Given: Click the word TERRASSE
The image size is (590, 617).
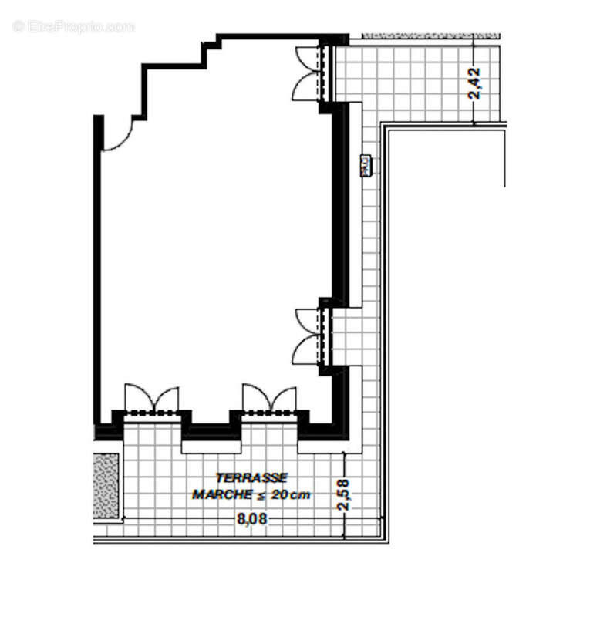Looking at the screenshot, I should [x=251, y=478].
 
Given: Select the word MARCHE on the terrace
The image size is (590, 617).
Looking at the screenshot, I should [x=223, y=494].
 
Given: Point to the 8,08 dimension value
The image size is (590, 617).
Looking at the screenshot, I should [x=252, y=519].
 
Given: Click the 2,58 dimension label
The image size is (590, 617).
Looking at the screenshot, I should [x=344, y=495].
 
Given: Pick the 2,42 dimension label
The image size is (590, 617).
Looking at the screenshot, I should [x=475, y=83].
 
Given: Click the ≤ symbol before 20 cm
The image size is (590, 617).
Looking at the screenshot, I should [x=261, y=494].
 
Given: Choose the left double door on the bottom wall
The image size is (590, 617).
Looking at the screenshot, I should [x=151, y=400].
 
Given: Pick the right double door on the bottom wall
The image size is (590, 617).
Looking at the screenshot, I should [x=269, y=400].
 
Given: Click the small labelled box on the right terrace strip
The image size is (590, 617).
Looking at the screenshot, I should [x=366, y=164].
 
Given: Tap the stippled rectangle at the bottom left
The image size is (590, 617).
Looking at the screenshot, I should [x=106, y=486].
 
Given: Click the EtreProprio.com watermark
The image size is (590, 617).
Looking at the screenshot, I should [x=74, y=26].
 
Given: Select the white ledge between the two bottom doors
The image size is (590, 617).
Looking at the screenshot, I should [x=211, y=446].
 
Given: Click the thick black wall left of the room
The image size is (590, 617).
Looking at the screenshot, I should [x=98, y=270].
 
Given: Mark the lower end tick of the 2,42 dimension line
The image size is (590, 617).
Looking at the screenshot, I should [x=475, y=123].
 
